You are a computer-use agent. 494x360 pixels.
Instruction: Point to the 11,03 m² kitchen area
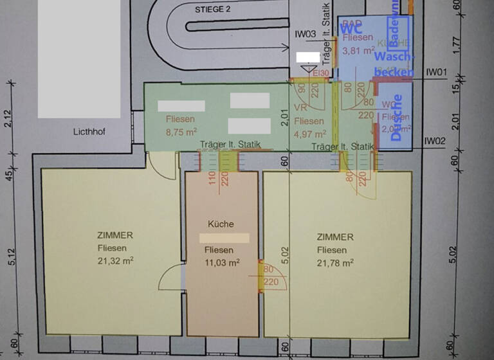pos(222,262)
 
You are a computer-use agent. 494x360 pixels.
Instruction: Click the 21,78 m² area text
pos(334,262)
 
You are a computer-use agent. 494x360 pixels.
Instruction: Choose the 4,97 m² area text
pos(310,133)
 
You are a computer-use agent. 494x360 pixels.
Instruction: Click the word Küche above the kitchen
pos(221,224)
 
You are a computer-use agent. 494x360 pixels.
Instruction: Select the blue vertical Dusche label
pos(396,118)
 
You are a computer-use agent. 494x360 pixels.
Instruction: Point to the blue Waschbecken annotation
pos(393,64)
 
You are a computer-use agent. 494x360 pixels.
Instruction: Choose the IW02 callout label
pos(435,141)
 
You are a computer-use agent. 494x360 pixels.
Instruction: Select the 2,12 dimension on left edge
pos(7,119)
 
